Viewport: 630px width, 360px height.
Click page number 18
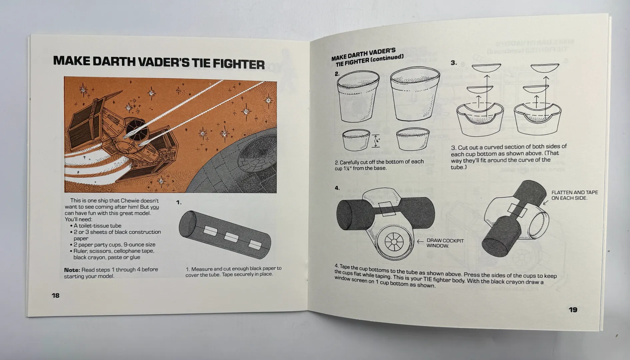(55, 295)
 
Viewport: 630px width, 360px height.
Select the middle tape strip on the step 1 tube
(231, 238)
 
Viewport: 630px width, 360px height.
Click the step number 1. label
(179, 202)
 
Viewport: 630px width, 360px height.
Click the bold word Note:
(72, 270)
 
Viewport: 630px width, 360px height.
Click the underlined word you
(154, 207)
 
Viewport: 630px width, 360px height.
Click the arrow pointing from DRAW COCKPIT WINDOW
(420, 241)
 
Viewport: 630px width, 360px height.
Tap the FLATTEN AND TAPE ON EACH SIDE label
(574, 195)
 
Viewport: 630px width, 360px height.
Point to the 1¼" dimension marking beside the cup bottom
(377, 141)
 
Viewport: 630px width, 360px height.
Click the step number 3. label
(454, 63)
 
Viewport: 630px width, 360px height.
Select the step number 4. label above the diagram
(337, 188)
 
